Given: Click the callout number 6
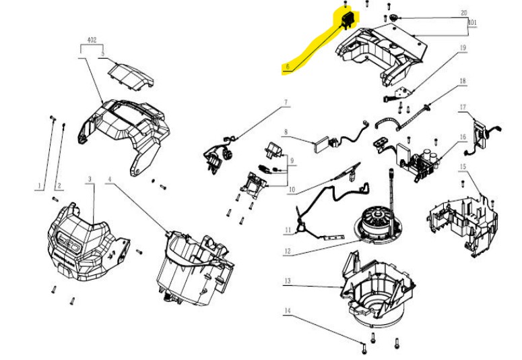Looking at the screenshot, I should pyautogui.click(x=287, y=67).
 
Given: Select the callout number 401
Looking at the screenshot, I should pyautogui.click(x=473, y=22).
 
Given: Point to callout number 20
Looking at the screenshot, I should pyautogui.click(x=463, y=13).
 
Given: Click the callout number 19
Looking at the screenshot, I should pyautogui.click(x=463, y=48).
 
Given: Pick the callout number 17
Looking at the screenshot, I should pyautogui.click(x=463, y=107).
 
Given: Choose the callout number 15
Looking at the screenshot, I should pyautogui.click(x=463, y=165).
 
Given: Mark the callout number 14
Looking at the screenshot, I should pyautogui.click(x=287, y=311).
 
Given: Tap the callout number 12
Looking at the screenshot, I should pyautogui.click(x=287, y=252).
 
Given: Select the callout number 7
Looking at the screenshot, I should pyautogui.click(x=285, y=102).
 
